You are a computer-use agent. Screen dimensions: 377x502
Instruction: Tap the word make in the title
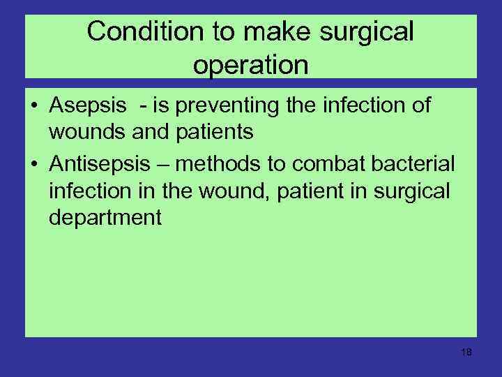[x=274, y=31]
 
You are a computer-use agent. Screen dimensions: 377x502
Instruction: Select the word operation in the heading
[x=250, y=65]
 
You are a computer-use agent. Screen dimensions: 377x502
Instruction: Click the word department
[x=105, y=218]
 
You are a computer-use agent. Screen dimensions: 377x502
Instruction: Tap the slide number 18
[x=466, y=353]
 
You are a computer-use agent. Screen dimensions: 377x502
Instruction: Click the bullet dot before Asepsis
[x=34, y=107]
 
